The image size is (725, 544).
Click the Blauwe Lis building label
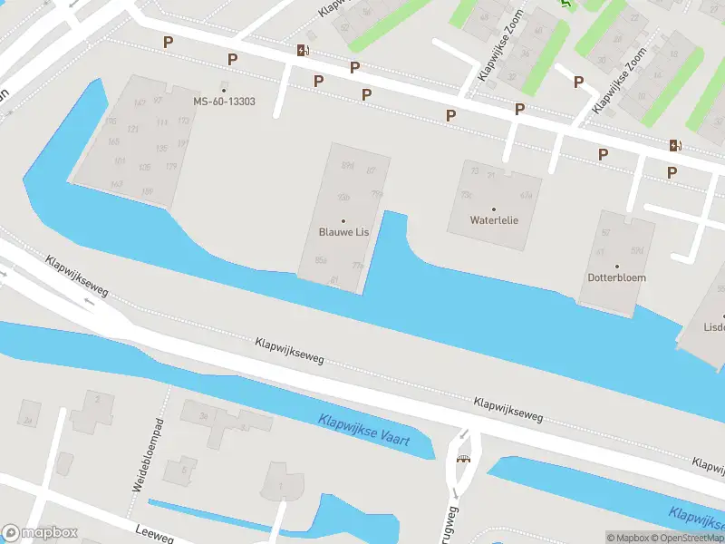pyautogui.click(x=343, y=232)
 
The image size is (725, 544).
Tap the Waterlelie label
pyautogui.click(x=494, y=220)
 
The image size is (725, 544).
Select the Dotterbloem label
pyautogui.click(x=617, y=277)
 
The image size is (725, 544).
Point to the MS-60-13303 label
pyautogui.click(x=224, y=102)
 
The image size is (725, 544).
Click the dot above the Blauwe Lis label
pyautogui.click(x=343, y=221)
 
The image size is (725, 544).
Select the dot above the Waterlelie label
pyautogui.click(x=494, y=209)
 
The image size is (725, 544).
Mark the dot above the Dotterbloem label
pyautogui.click(x=617, y=267)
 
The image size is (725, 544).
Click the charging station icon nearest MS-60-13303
pyautogui.click(x=301, y=51)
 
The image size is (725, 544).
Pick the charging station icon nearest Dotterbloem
pyautogui.click(x=674, y=145)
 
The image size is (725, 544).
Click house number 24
pyautogui.click(x=29, y=420)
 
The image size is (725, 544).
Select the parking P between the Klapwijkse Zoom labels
pyautogui.click(x=578, y=83)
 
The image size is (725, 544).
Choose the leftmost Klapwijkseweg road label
pyautogui.click(x=78, y=275)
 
